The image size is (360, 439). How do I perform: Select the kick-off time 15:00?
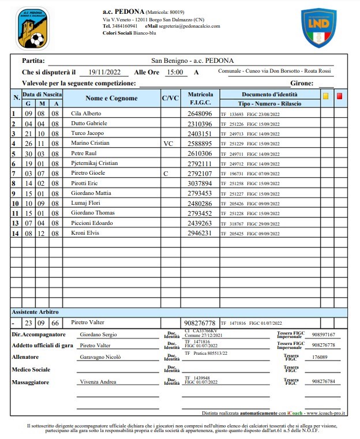(x=174, y=72)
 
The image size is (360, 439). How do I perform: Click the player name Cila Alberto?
(x=85, y=114)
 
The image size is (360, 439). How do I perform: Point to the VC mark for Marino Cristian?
(x=168, y=144)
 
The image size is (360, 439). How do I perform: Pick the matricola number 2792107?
(x=200, y=173)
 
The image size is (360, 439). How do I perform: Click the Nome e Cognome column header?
(x=111, y=98)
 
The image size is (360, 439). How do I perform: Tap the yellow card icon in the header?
(x=325, y=96)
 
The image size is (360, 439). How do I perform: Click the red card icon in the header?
(x=339, y=96)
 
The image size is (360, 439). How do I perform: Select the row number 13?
(x=16, y=223)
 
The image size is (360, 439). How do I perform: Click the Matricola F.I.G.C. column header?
(x=200, y=98)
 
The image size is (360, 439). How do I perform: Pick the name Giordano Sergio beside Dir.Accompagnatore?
(x=97, y=335)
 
